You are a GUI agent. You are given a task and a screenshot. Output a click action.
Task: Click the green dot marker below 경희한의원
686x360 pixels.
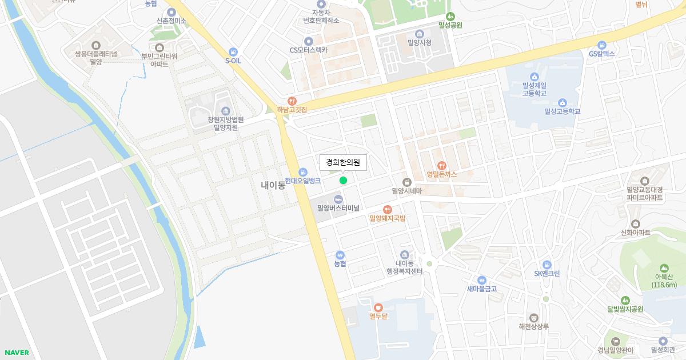[x=343, y=181]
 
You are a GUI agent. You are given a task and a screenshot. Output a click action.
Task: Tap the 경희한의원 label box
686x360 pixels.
[x=343, y=162]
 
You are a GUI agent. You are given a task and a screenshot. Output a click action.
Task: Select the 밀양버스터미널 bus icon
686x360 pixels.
[x=338, y=199]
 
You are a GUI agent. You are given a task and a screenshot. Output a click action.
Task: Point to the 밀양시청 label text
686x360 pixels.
[x=419, y=42]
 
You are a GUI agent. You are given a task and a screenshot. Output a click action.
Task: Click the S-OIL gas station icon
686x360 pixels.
[x=233, y=51]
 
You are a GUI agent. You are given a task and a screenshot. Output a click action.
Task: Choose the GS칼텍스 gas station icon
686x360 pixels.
[x=601, y=45]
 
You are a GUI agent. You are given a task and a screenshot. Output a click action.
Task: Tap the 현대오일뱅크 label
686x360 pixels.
[x=303, y=181]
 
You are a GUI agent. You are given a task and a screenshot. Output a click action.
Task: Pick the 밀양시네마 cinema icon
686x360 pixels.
[x=407, y=182]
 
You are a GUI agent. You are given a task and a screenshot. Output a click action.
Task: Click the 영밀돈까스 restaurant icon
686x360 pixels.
[x=441, y=166]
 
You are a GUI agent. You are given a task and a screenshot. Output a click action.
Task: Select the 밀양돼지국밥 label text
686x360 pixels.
[x=387, y=218]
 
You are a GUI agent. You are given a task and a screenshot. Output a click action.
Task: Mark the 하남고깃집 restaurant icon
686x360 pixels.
[x=292, y=101]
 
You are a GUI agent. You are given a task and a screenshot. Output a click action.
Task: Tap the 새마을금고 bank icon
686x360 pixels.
[x=481, y=280]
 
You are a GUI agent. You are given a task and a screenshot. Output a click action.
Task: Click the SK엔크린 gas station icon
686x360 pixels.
[x=547, y=265]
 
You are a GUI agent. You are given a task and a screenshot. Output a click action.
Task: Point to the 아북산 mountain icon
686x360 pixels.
[x=664, y=268]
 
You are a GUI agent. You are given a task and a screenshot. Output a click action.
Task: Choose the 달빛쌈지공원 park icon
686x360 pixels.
[x=625, y=300]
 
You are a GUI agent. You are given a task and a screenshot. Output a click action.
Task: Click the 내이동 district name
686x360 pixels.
[x=273, y=185]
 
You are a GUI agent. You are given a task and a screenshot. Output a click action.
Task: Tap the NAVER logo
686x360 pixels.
[x=17, y=353]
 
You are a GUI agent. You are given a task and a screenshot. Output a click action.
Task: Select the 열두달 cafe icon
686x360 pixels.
[x=378, y=307]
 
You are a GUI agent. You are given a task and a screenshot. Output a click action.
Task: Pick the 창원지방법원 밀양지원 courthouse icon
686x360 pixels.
[x=226, y=110]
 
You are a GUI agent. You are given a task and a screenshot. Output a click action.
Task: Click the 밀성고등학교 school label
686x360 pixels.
[x=562, y=111]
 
